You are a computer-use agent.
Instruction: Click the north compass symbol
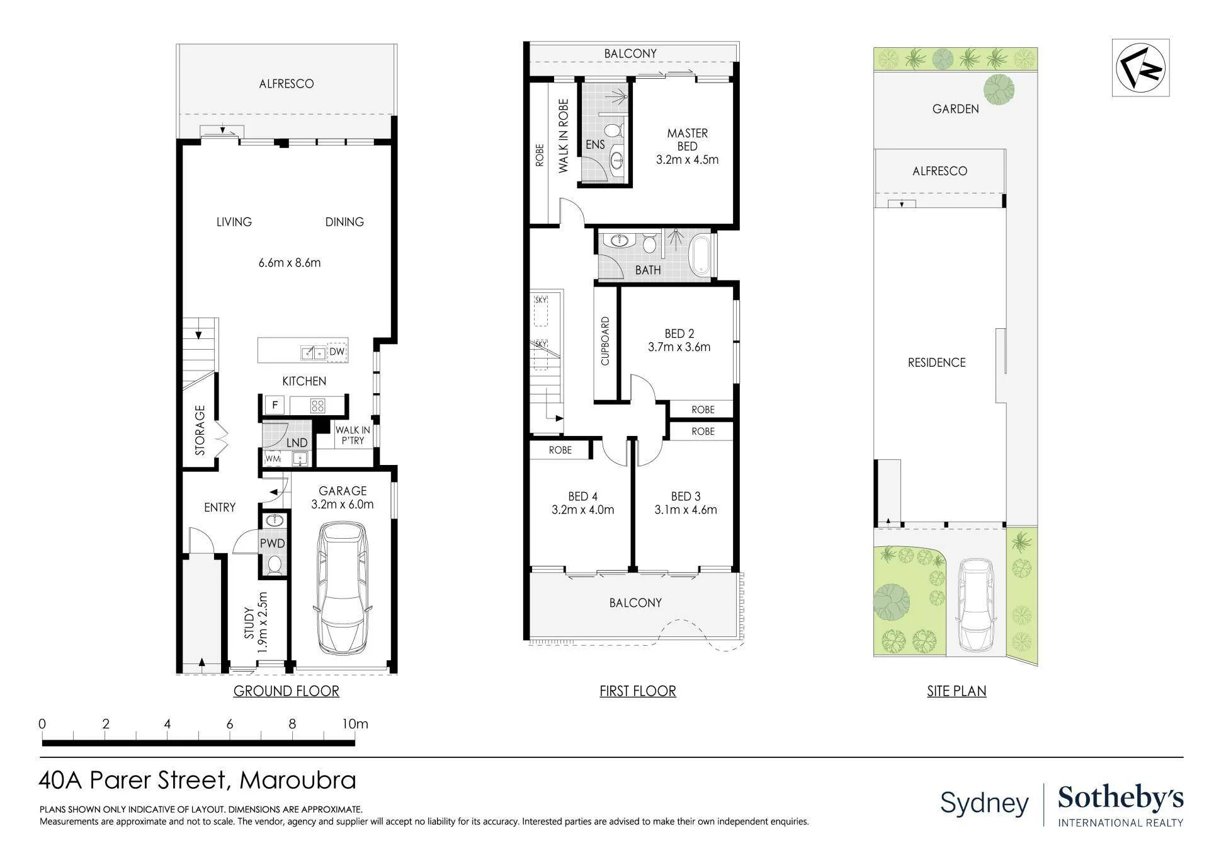(1140, 67)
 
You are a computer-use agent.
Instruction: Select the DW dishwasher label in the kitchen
(337, 352)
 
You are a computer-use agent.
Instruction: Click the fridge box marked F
(275, 405)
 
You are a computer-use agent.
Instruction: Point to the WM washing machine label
(272, 459)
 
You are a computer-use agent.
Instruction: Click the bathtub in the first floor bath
(700, 255)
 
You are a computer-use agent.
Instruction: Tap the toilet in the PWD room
(274, 565)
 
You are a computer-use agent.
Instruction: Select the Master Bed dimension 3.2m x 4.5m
(687, 160)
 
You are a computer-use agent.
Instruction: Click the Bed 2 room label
(679, 333)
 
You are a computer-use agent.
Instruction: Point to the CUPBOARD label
(605, 341)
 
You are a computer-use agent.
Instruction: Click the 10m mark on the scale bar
(355, 724)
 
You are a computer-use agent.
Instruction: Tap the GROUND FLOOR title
(287, 691)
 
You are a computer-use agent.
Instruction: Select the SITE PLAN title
(956, 691)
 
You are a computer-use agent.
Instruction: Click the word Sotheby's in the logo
(1121, 798)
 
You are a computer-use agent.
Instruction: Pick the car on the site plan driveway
(976, 605)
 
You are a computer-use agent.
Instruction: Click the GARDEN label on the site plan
(955, 109)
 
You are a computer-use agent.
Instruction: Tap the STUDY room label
(249, 623)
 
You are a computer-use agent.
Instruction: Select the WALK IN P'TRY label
(353, 435)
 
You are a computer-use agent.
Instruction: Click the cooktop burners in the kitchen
(317, 405)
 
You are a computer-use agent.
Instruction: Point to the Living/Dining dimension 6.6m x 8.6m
(290, 263)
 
